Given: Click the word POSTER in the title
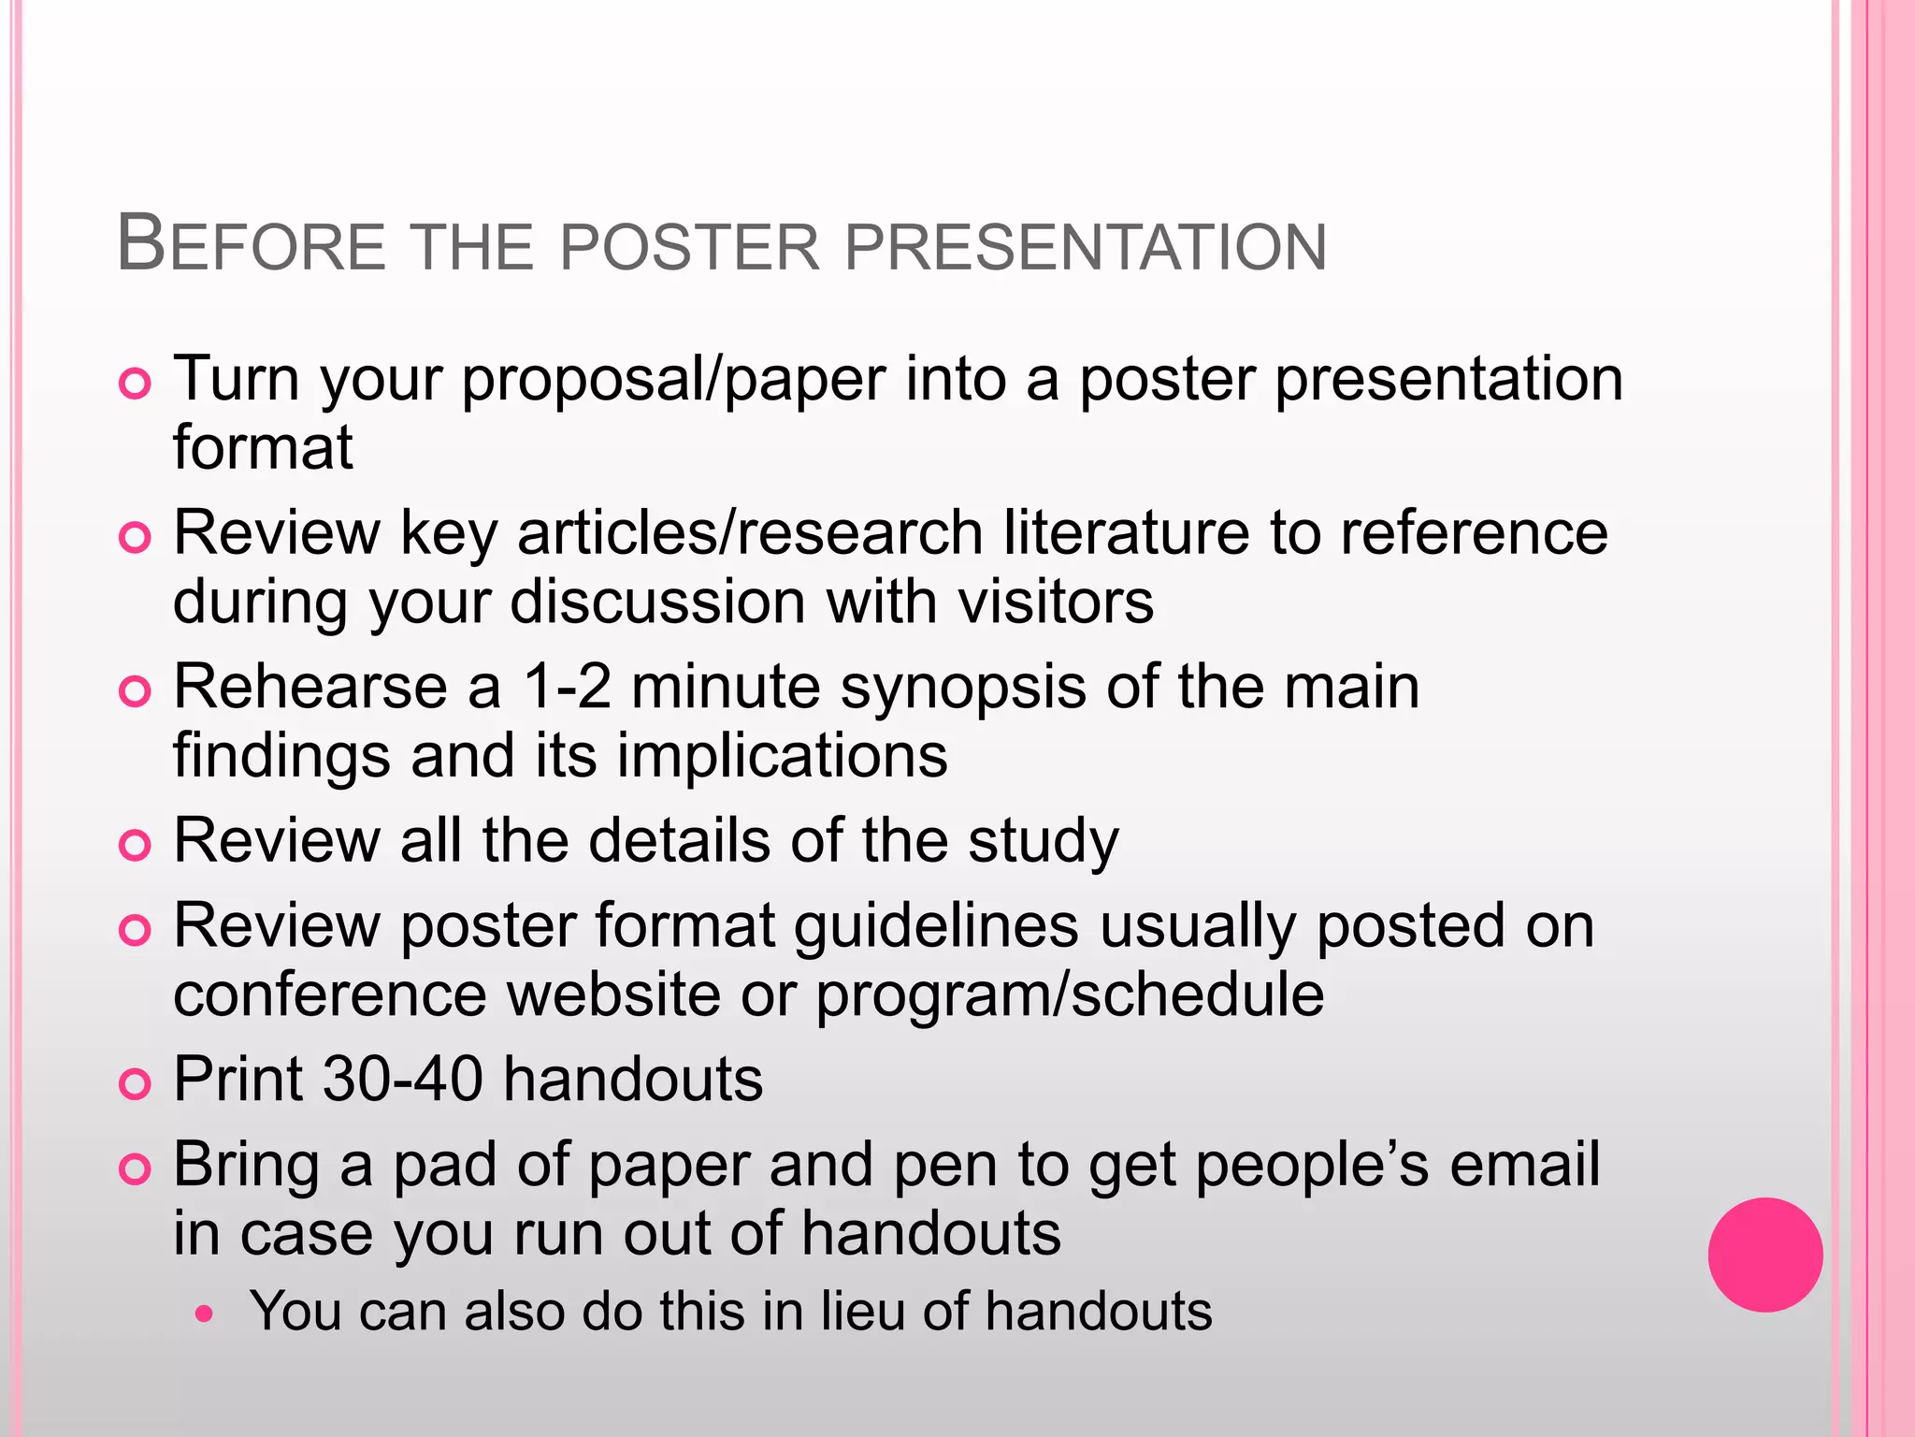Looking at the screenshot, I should coord(690,247).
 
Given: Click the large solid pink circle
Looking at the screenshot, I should coord(1764,1255).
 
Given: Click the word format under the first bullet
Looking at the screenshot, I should coord(263,447).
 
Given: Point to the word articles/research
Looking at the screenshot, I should coord(749,533).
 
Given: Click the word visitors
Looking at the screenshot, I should coord(1056,601).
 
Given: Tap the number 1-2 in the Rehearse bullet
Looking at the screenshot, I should coord(567,687).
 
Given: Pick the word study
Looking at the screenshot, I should coord(1043,842).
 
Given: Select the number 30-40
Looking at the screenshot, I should coord(403,1080).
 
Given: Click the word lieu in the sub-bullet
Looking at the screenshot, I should coord(862,1311).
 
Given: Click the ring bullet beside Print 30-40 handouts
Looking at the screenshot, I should coord(136,1084).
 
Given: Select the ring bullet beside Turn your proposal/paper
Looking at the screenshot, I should coord(136,385).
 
